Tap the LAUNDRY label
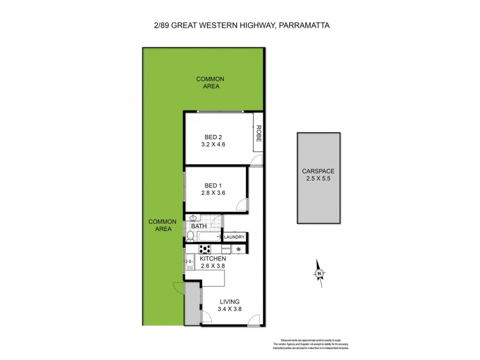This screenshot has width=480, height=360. (235, 237)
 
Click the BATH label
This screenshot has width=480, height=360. (199, 226)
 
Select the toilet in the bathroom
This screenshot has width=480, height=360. (191, 236)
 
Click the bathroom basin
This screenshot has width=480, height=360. (194, 218)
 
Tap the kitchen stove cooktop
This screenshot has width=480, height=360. (205, 248)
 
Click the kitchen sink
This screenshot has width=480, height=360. (190, 261)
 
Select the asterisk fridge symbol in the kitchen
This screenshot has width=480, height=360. (240, 248)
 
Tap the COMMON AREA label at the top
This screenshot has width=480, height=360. (209, 82)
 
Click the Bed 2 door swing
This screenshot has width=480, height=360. (257, 160)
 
